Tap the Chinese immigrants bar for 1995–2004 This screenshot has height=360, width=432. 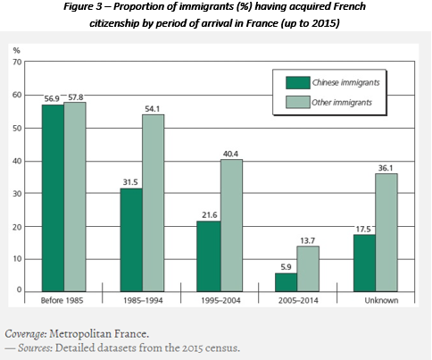(207, 255)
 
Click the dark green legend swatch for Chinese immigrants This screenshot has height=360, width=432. (295, 82)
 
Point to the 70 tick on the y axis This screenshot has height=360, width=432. (17, 63)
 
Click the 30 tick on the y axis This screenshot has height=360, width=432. (17, 193)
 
